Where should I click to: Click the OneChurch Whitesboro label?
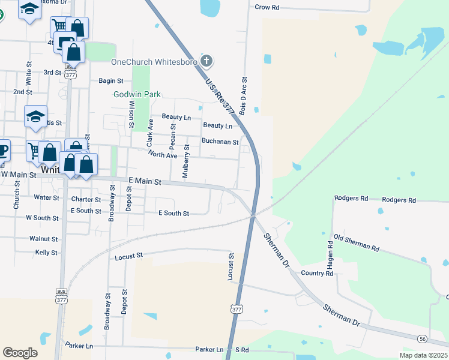(154, 61)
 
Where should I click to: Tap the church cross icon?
(206, 61)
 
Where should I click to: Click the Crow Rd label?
(268, 7)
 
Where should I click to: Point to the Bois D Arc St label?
(244, 96)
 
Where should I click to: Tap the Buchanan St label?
(220, 142)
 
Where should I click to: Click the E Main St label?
(145, 181)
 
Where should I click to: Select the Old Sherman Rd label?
(357, 243)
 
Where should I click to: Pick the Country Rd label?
(317, 273)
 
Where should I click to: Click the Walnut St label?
(43, 238)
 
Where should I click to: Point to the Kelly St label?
(46, 253)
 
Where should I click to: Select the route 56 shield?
(439, 339)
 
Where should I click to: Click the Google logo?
(20, 353)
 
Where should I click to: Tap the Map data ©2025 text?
(423, 355)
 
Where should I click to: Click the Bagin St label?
(110, 80)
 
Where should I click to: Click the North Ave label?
(163, 155)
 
